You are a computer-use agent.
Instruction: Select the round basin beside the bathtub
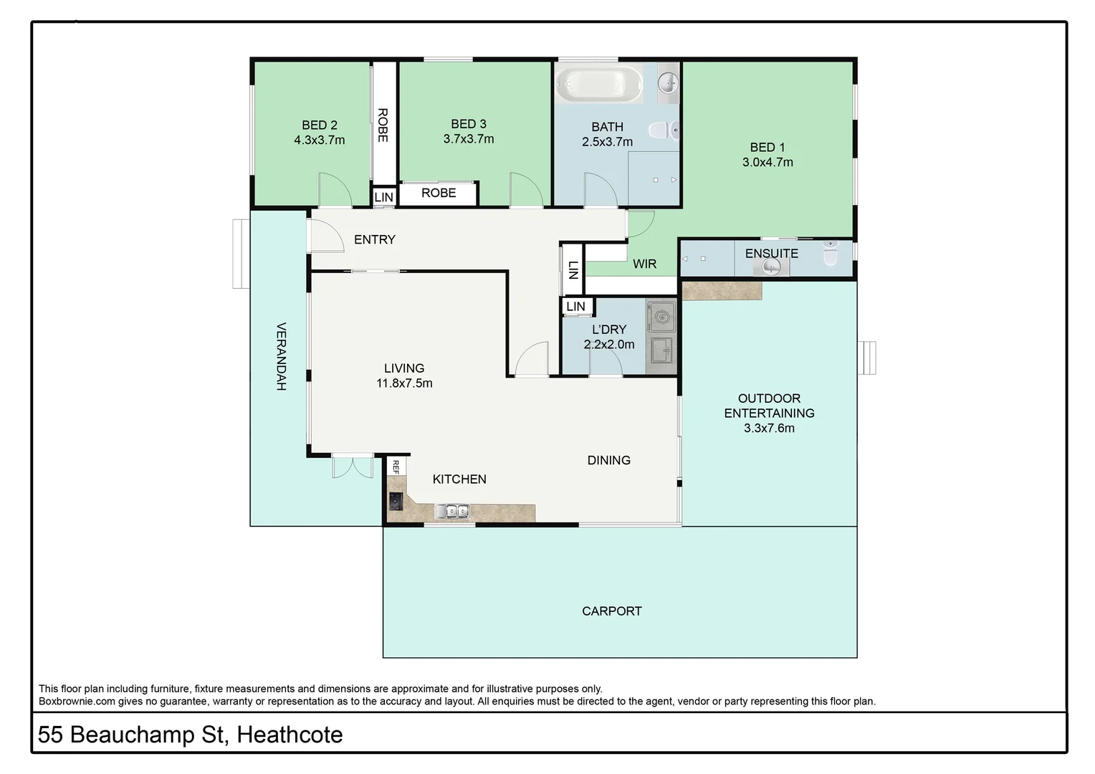(x=667, y=82)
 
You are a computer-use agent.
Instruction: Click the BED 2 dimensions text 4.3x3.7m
(x=319, y=140)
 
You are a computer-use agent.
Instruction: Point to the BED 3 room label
(x=469, y=124)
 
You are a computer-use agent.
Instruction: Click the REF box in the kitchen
(x=396, y=467)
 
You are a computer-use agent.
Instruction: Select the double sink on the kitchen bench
(x=452, y=511)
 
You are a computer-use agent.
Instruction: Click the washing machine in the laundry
(x=661, y=316)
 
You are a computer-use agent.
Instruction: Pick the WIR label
(x=644, y=264)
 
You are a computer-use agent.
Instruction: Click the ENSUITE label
(x=771, y=253)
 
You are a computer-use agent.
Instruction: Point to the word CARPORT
(x=611, y=611)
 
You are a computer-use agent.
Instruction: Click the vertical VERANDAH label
(x=282, y=356)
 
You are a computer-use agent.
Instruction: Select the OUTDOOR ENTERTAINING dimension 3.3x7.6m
(x=769, y=429)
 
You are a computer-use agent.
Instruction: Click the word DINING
(x=608, y=460)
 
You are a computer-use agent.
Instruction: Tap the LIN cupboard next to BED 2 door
(x=383, y=197)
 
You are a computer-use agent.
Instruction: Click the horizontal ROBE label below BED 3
(x=438, y=193)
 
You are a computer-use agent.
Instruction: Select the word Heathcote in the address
(x=290, y=735)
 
